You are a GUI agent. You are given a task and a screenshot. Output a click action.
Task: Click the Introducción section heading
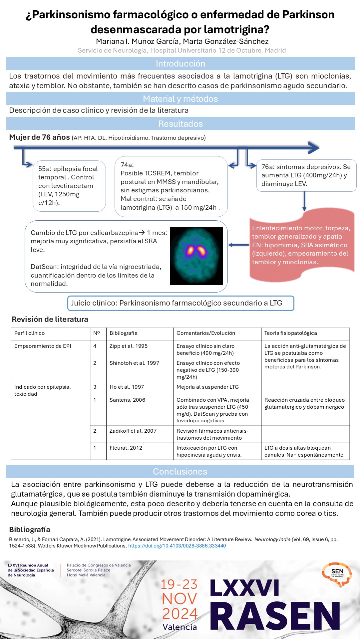coord(180,64)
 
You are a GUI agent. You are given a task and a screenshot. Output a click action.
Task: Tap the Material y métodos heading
coord(180,99)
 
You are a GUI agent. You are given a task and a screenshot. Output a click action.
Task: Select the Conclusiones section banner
coord(180,472)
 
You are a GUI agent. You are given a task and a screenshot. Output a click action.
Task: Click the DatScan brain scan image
coord(196,256)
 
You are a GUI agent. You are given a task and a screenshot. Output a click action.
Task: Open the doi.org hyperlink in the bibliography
coord(177,546)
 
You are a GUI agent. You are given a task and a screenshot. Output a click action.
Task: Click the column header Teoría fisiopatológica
coord(290,333)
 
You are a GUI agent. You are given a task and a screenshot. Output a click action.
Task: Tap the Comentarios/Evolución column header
coord(205,333)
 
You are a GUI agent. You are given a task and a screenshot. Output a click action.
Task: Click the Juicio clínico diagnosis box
coord(180,303)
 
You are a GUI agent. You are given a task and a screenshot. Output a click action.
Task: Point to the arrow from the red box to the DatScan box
coord(238,245)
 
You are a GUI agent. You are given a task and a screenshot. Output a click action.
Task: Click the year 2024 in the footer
coord(180,614)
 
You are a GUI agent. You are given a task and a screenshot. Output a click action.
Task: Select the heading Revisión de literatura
coord(50,319)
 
